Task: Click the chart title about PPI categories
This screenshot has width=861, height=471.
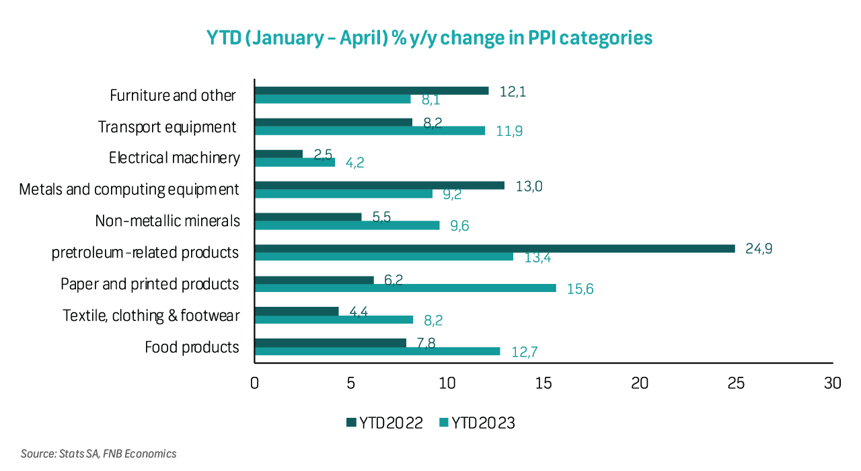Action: [x=430, y=38]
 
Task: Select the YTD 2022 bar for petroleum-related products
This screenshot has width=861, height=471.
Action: [x=494, y=248]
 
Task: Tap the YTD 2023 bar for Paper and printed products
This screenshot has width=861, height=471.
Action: [x=405, y=288]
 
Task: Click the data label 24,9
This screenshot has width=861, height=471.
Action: [x=759, y=248]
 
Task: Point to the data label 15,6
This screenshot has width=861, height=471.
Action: [x=580, y=289]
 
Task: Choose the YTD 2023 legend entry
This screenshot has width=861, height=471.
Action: [x=477, y=423]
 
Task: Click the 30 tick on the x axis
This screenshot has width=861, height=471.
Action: [x=833, y=383]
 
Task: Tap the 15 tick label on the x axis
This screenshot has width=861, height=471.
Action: [x=544, y=383]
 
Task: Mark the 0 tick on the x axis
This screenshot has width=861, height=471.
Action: [x=254, y=383]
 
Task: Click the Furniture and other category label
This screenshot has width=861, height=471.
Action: [x=173, y=95]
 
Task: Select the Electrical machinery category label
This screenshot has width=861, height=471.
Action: [x=174, y=158]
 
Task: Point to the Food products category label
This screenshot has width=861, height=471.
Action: [x=192, y=347]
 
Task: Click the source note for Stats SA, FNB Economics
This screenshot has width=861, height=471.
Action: [x=98, y=454]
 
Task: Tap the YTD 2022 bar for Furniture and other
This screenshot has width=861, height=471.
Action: [x=371, y=90]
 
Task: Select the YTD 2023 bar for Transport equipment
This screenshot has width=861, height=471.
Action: [x=369, y=131]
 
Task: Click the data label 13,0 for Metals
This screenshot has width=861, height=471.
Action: [x=529, y=186]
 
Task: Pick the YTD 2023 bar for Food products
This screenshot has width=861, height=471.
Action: [x=377, y=351]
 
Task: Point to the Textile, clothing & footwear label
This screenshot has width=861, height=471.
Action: [x=151, y=316]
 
